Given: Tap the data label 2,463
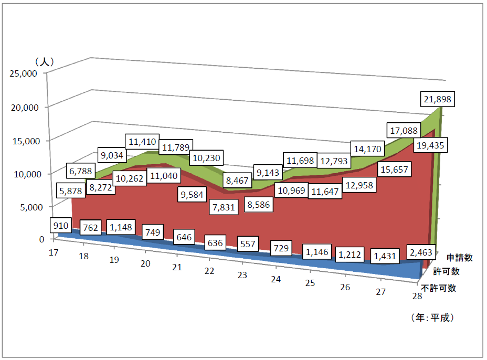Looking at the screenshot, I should pyautogui.click(x=422, y=252).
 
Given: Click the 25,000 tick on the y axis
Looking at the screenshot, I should pyautogui.click(x=23, y=74).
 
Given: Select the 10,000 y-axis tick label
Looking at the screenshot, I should pyautogui.click(x=23, y=174).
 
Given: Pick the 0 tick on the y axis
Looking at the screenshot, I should pyautogui.click(x=41, y=239).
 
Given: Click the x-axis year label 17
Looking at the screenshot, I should pyautogui.click(x=53, y=252).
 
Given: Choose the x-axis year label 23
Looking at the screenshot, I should pyautogui.click(x=242, y=274).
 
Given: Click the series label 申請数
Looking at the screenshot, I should pyautogui.click(x=460, y=258).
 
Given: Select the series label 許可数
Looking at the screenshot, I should pyautogui.click(x=447, y=272).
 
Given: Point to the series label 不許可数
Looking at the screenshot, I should pyautogui.click(x=439, y=288).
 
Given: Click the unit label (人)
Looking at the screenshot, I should pyautogui.click(x=44, y=61).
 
